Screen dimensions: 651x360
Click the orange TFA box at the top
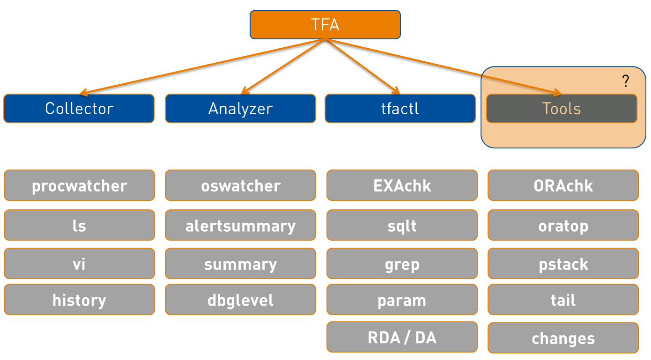click(x=325, y=25)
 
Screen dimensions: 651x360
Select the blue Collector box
click(x=79, y=109)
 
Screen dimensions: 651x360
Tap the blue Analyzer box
click(x=240, y=109)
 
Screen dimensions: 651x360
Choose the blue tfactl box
click(x=400, y=109)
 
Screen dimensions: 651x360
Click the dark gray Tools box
click(x=562, y=109)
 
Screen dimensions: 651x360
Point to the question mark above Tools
click(x=626, y=81)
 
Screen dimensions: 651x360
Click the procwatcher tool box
click(x=79, y=185)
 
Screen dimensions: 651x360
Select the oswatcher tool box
click(x=240, y=185)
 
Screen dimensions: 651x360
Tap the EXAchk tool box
click(x=402, y=185)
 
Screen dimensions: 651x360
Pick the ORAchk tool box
click(x=563, y=185)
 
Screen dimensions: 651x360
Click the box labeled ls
click(x=79, y=225)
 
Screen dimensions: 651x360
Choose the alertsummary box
click(x=240, y=225)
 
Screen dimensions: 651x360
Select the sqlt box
click(x=402, y=225)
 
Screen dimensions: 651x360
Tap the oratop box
click(x=563, y=225)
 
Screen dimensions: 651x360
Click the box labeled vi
click(x=79, y=264)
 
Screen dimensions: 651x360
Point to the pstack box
click(x=563, y=264)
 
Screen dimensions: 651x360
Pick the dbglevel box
click(x=240, y=300)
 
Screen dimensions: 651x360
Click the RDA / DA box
click(x=402, y=337)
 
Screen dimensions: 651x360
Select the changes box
click(x=563, y=338)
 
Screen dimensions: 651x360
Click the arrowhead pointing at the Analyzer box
click(x=245, y=91)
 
